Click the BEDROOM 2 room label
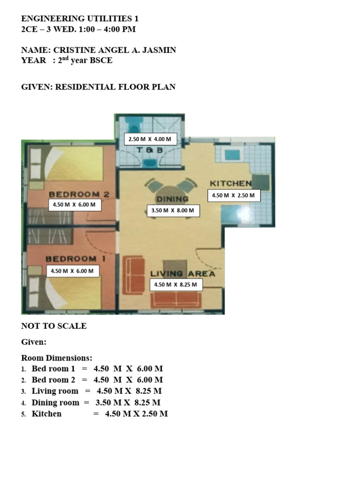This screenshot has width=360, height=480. [79, 194]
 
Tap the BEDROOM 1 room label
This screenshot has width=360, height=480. [75, 258]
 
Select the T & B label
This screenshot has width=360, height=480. [150, 150]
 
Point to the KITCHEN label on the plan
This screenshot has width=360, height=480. [231, 183]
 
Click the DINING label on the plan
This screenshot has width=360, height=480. [172, 199]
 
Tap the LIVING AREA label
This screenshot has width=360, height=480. [182, 273]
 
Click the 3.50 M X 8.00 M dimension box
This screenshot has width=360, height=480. [173, 211]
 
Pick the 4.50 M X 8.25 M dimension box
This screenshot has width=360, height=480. [175, 285]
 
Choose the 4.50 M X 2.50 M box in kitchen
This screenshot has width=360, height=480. [233, 195]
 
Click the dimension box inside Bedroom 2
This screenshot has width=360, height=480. [75, 204]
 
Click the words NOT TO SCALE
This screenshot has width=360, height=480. [54, 326]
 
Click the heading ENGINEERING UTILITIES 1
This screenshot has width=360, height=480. [80, 19]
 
